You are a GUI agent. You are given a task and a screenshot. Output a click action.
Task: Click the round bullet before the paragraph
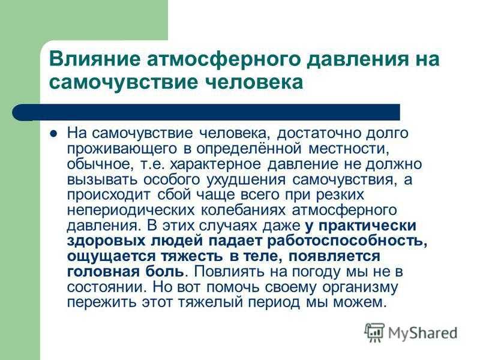(53, 134)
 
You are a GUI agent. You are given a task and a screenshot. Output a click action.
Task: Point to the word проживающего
(122, 149)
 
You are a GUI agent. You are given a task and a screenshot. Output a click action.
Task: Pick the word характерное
(215, 164)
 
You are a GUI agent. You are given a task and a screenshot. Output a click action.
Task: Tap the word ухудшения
(246, 179)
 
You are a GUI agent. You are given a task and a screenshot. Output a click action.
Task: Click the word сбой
(175, 195)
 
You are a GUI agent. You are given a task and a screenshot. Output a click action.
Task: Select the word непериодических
(131, 211)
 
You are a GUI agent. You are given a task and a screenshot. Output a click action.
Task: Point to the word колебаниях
(244, 211)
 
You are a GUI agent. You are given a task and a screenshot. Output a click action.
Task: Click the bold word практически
(367, 226)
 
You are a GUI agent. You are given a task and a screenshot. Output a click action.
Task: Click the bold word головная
(103, 272)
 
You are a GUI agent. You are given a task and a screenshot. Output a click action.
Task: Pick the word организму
(360, 287)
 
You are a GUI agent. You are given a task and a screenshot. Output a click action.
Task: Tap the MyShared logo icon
(374, 332)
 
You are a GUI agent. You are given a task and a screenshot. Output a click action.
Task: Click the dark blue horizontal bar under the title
(206, 112)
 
